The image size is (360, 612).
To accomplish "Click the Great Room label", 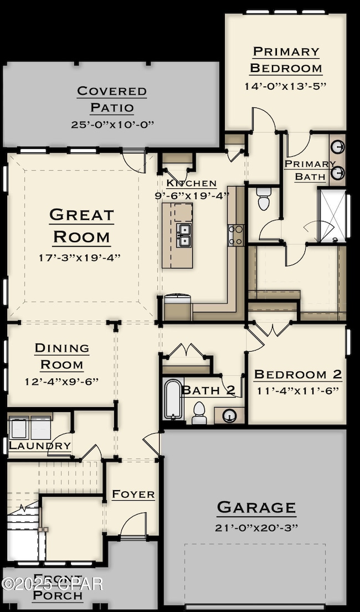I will point(81,225).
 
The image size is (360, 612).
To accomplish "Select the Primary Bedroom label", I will point(286,60).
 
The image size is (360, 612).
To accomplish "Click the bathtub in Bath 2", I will point(173,399).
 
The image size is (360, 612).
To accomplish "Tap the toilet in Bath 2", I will point(198,413).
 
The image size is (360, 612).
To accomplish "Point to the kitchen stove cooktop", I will point(235,235).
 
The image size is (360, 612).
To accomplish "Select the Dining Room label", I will point(61,356).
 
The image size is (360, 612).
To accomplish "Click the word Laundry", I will point(40,445).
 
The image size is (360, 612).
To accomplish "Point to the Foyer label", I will point(133,494).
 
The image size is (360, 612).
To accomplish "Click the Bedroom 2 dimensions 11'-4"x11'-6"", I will point(298,390).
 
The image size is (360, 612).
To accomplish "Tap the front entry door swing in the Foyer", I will point(133,524).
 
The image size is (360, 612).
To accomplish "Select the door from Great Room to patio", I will point(133,161).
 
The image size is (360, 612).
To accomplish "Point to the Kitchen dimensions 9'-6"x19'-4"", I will point(192,195).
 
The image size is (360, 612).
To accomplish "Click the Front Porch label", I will point(57,589).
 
